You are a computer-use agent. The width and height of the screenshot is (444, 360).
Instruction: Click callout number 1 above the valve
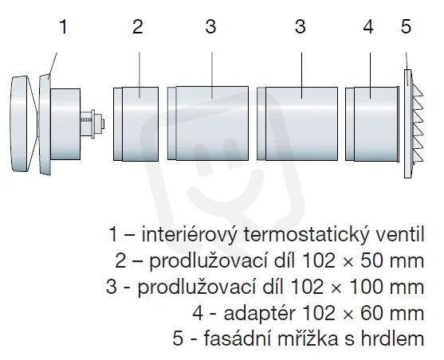[64, 26]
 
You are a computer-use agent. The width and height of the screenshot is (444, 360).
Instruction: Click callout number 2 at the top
[138, 26]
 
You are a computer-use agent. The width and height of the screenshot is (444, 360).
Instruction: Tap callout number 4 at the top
[368, 27]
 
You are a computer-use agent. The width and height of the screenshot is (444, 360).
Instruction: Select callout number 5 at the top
[406, 27]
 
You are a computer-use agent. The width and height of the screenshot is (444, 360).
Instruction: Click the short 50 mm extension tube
[136, 124]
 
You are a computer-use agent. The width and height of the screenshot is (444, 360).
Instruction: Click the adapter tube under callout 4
[372, 124]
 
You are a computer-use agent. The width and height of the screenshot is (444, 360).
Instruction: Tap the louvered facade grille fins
[418, 123]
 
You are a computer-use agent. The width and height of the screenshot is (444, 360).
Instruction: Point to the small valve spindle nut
[97, 123]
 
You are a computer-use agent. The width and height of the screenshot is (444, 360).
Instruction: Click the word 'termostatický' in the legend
[301, 235]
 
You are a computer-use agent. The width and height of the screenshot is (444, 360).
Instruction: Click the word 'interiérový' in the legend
[188, 235]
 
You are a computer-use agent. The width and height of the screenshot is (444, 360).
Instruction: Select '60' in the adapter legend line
[372, 313]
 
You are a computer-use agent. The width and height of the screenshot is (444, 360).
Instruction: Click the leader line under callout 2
[139, 76]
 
